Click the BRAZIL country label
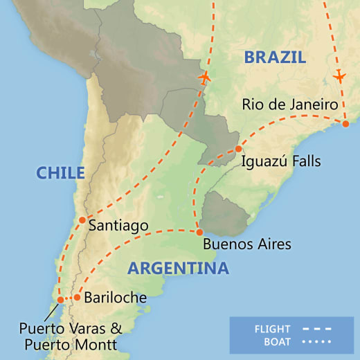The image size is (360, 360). point(275,57)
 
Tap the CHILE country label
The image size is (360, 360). point(61,173)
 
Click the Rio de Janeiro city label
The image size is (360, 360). point(290,105)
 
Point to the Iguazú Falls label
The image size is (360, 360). point(281,161)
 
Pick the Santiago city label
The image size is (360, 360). point(119,225)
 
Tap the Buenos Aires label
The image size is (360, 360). point(247,244)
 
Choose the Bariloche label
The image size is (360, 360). point(115,298)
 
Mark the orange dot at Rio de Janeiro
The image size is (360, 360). point(345,123)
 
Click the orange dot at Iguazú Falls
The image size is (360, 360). point(238,149)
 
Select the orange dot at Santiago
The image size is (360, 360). point(82,221)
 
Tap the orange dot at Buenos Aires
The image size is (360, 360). point(199,233)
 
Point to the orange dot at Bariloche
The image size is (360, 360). point(77,298)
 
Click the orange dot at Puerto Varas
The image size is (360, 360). point(61,300)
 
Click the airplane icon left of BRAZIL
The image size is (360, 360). point(205,78)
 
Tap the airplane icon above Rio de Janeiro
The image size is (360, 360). point(339,75)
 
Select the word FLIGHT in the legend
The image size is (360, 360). point(272,329)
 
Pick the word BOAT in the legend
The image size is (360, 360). point(276,341)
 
